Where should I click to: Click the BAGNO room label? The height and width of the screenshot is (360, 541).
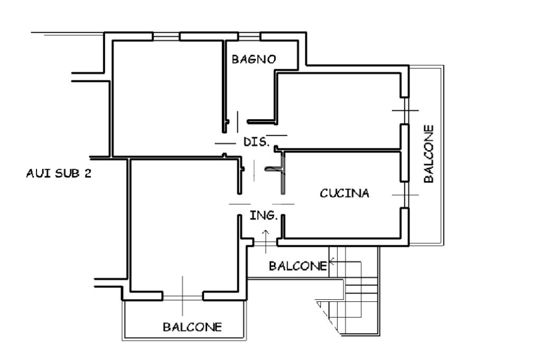(x=254, y=59)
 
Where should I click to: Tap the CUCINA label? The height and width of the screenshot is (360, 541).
(x=344, y=193)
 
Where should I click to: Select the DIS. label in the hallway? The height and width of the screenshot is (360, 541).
(x=256, y=141)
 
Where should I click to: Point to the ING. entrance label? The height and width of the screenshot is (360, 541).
(x=264, y=215)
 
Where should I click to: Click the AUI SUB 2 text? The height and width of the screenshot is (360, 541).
(x=59, y=173)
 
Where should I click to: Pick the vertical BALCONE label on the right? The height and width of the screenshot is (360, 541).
(x=428, y=154)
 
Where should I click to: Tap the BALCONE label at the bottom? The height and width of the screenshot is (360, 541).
(x=192, y=327)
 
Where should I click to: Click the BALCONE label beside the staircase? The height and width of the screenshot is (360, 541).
(x=298, y=266)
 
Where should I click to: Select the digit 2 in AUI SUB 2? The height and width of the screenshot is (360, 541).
(x=88, y=173)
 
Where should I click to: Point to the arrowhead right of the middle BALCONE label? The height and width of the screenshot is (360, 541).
(x=332, y=261)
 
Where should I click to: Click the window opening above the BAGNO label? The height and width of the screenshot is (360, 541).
(x=249, y=36)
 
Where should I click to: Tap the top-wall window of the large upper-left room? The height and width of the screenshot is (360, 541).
(x=166, y=36)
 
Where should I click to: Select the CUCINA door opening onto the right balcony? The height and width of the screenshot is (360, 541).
(x=405, y=195)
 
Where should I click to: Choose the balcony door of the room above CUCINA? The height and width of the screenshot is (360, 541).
(x=405, y=111)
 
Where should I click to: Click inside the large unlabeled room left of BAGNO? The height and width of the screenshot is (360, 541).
(x=167, y=98)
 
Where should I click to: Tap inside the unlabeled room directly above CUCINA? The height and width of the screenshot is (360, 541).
(x=338, y=111)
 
